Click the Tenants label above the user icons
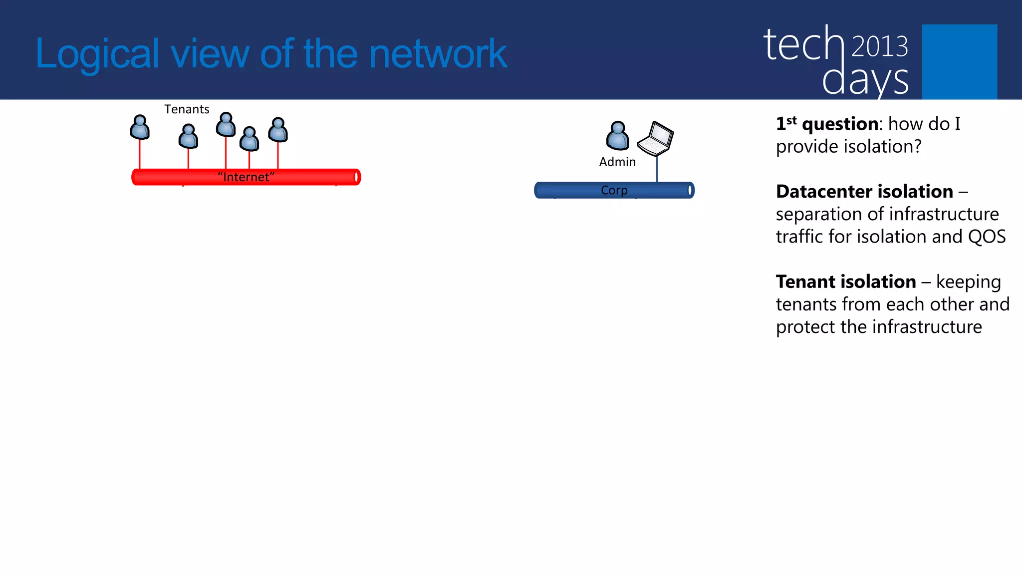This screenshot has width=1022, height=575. (x=187, y=109)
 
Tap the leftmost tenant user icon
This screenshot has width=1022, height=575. (x=140, y=128)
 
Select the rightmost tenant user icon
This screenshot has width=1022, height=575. (x=278, y=130)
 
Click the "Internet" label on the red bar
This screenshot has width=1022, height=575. (x=246, y=177)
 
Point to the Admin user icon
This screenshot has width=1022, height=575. (x=617, y=136)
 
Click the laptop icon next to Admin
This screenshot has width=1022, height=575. (x=656, y=139)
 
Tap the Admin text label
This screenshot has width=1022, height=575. (x=617, y=162)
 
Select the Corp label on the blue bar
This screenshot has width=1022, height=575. (x=614, y=190)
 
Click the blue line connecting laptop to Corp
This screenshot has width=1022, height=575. (x=657, y=169)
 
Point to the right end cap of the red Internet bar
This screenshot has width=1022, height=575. (x=356, y=177)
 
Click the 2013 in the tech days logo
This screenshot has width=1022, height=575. (x=879, y=46)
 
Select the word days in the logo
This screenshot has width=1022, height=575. (x=865, y=80)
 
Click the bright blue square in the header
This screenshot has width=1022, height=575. (x=959, y=61)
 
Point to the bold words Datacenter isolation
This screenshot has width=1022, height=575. (x=864, y=192)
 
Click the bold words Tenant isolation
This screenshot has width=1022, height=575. (x=846, y=282)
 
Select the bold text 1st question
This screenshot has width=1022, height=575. (x=827, y=124)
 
